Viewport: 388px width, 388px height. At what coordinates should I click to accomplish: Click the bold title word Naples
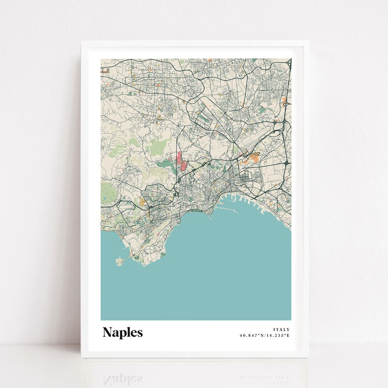123,332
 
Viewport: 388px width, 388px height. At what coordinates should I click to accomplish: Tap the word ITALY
281,329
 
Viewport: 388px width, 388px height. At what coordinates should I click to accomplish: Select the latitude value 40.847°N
252,336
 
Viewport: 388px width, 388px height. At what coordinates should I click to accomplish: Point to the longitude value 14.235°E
278,336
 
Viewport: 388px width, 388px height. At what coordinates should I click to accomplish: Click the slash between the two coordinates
265,336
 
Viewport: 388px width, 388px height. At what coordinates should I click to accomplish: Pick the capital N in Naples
107,332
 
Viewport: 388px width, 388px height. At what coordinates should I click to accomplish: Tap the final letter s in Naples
140,333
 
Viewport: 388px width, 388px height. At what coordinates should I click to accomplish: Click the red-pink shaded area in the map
180,162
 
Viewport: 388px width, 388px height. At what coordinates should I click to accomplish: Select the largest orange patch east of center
254,157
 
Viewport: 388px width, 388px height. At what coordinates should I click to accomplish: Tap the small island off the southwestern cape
119,261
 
